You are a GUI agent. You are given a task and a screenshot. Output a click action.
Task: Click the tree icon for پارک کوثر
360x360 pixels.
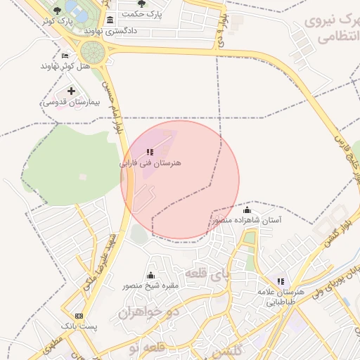pyautogui.click(x=57, y=11)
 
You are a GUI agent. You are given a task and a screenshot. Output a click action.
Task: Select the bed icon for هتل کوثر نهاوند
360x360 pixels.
pyautogui.click(x=65, y=56)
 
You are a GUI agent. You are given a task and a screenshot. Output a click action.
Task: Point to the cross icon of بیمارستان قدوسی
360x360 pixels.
pyautogui.click(x=71, y=91)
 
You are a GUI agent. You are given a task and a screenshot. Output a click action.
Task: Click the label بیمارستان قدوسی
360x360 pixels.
pyautogui.click(x=71, y=102)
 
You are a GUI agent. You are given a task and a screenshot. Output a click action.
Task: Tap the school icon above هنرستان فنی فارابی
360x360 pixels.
pyautogui.click(x=150, y=151)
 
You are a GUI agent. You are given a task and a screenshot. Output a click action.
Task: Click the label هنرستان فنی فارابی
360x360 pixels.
pyautogui.click(x=150, y=162)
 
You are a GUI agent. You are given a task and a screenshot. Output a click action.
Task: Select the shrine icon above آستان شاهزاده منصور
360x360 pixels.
pyautogui.click(x=247, y=210)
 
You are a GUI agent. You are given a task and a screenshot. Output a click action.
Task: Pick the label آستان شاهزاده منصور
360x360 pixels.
pyautogui.click(x=247, y=221)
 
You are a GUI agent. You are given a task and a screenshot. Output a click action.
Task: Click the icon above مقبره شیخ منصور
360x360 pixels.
pyautogui.click(x=150, y=275)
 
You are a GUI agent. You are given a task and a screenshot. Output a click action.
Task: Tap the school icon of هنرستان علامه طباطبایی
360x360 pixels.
pyautogui.click(x=281, y=281)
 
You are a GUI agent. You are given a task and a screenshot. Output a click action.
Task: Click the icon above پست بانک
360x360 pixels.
pyautogui.click(x=78, y=316)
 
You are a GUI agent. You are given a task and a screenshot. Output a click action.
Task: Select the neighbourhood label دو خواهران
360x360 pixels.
pyautogui.click(x=156, y=310)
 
